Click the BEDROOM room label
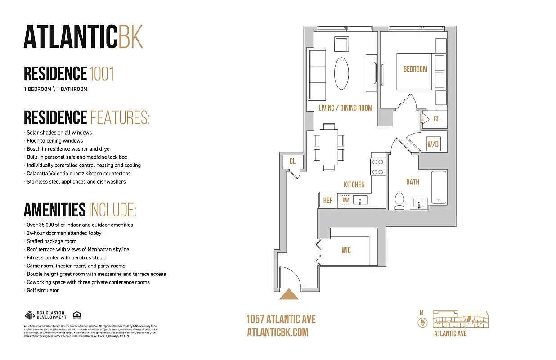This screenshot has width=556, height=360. [x=415, y=69]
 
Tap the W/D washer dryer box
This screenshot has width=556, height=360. [x=433, y=144]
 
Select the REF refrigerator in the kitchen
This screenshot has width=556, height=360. [x=328, y=201]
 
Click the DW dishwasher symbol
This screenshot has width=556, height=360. [x=345, y=200]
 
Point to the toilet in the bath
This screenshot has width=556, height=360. [x=399, y=202]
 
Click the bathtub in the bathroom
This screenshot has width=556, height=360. [x=438, y=188]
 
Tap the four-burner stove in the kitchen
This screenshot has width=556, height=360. [x=377, y=166]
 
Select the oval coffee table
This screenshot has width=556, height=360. [x=341, y=73]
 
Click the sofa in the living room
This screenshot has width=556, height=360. [x=317, y=74]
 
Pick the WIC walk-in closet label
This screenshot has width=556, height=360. [x=346, y=250]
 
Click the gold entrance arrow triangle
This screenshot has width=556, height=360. [x=289, y=294]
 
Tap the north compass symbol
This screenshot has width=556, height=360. [x=421, y=322]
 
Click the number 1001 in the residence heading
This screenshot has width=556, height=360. [x=101, y=73]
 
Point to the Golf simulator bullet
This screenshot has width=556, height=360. [x=43, y=290]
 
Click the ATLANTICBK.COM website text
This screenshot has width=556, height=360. [x=278, y=332]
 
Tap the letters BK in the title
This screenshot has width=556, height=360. [x=130, y=37]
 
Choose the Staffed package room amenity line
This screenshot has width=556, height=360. [x=51, y=241]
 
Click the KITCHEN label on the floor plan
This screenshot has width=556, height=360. [x=354, y=184]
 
